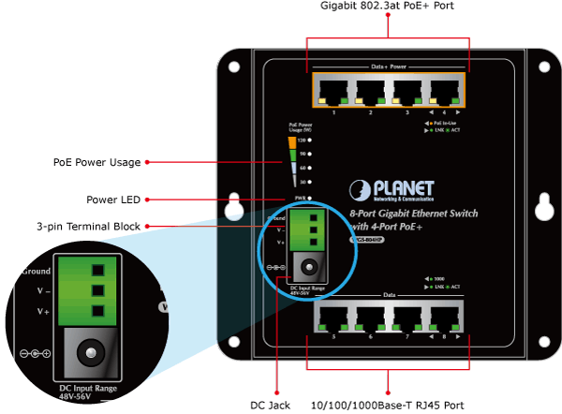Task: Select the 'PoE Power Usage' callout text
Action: (x=96, y=162)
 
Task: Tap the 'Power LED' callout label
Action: (x=112, y=199)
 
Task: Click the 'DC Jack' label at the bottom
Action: (x=269, y=405)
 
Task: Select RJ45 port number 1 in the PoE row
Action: (x=333, y=91)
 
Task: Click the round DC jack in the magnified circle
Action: (x=90, y=353)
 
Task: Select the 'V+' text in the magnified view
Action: (x=43, y=310)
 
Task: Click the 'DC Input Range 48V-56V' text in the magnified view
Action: (x=88, y=392)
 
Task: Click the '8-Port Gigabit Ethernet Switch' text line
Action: (x=413, y=214)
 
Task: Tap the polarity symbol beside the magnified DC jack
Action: (x=35, y=355)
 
